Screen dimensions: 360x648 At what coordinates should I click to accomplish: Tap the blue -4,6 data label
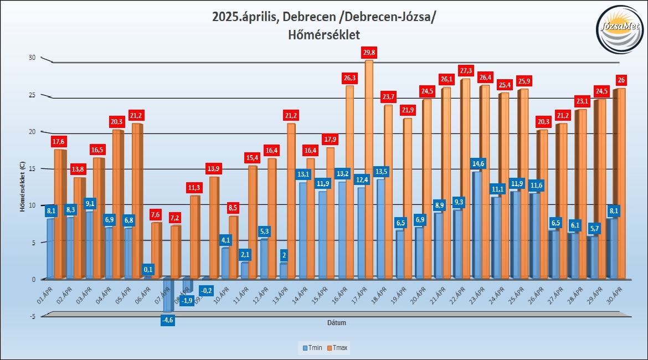pyautogui.click(x=167, y=320)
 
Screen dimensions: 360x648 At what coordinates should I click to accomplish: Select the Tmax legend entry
pyautogui.click(x=339, y=348)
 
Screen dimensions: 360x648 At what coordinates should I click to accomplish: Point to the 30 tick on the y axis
pyautogui.click(x=32, y=58)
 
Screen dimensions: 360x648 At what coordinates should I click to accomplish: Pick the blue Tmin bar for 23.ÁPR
pyautogui.click(x=476, y=224)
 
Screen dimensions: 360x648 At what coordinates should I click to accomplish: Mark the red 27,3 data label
pyautogui.click(x=466, y=71)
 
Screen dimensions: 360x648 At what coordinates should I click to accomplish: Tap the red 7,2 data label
pyautogui.click(x=176, y=218)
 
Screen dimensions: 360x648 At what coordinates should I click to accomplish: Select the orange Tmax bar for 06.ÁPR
pyautogui.click(x=156, y=250)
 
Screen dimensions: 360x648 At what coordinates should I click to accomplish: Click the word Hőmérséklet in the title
pyautogui.click(x=324, y=35)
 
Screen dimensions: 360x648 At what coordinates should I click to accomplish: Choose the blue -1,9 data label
pyautogui.click(x=187, y=301)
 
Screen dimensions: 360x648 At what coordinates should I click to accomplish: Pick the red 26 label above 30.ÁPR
pyautogui.click(x=621, y=80)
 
